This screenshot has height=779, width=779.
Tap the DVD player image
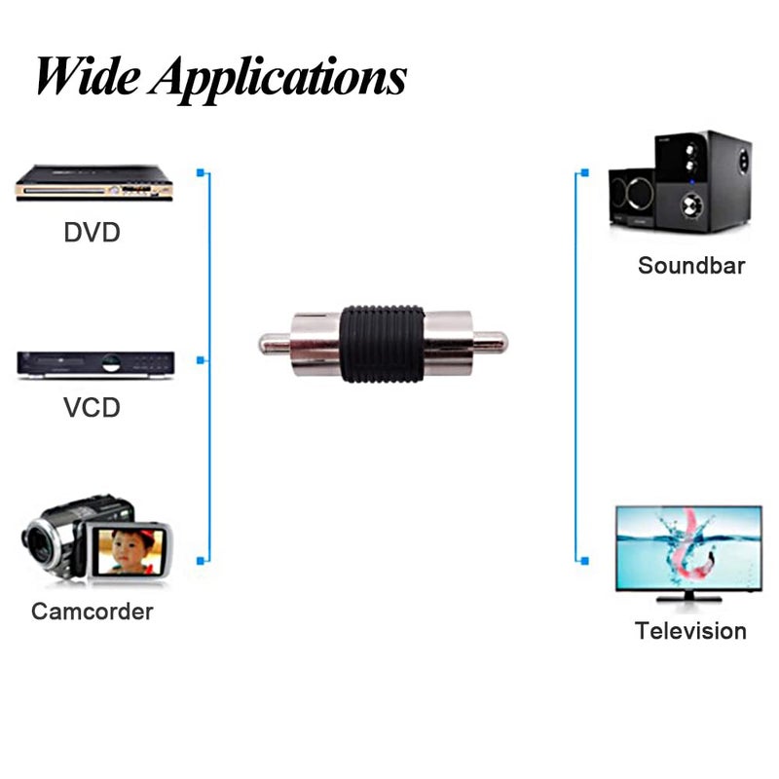tap(93, 182)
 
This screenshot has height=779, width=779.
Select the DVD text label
tap(92, 234)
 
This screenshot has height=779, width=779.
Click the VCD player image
tap(94, 364)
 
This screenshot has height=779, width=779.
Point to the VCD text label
tap(92, 407)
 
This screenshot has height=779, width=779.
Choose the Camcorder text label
tap(93, 612)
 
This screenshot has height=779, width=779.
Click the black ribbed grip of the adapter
tap(384, 344)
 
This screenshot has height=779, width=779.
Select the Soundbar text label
tap(691, 265)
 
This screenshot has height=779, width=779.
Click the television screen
tap(688, 548)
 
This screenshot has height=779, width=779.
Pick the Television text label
tap(690, 630)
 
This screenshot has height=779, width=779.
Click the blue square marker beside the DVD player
tap(201, 173)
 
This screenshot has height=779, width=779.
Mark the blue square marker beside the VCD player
tap(201, 360)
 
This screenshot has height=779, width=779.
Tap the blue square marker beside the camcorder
tap(201, 560)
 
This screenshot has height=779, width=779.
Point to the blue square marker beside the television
tap(584, 560)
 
